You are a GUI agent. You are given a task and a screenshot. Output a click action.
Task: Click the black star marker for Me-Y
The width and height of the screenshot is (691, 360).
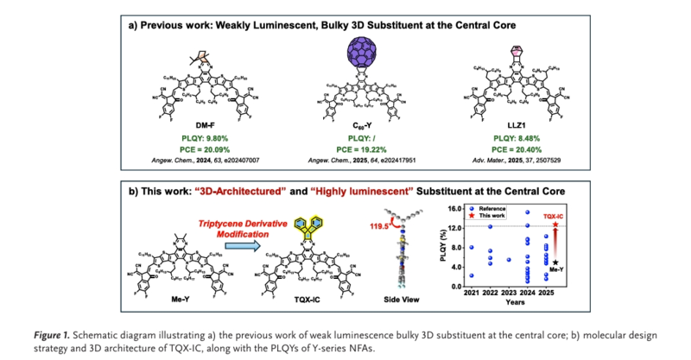(554, 262)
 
